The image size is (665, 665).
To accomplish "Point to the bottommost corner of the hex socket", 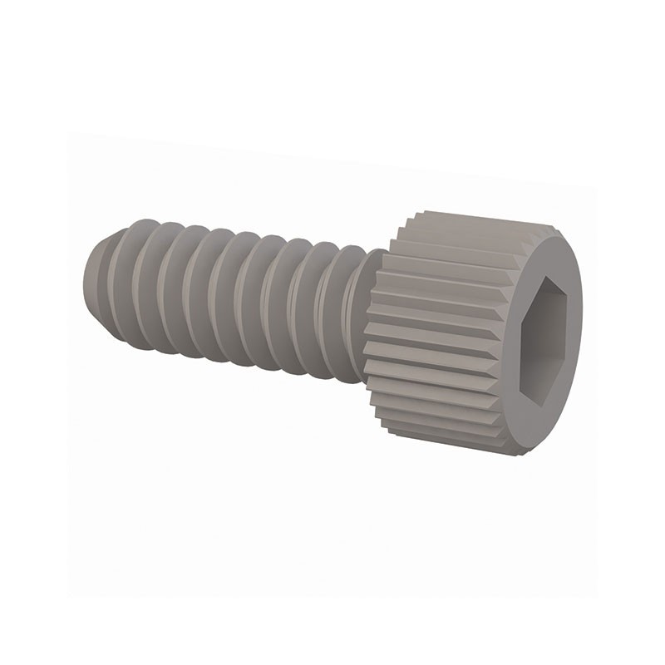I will click(542, 407).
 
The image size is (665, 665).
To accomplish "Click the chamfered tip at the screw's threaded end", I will click(93, 274).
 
